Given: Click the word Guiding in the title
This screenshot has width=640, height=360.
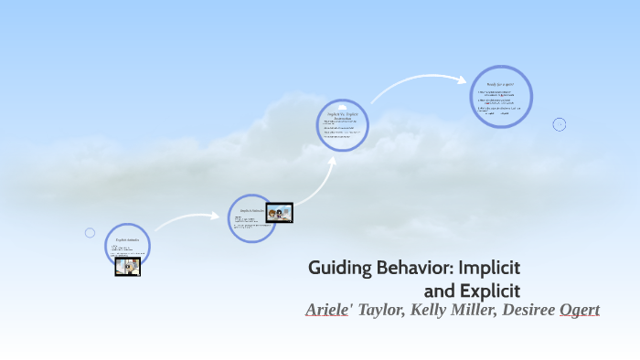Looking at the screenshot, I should click(x=336, y=269).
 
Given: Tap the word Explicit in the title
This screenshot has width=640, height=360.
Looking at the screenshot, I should click(x=490, y=291).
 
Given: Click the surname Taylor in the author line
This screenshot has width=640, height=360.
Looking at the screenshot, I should click(x=383, y=311).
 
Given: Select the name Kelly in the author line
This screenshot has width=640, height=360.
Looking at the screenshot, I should click(x=432, y=311).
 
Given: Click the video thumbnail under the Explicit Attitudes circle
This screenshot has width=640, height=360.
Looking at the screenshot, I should click(x=127, y=266).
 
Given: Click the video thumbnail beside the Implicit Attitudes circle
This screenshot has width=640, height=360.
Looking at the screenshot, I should click(x=279, y=213).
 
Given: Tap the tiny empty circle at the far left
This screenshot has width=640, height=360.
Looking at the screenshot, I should click(x=90, y=233).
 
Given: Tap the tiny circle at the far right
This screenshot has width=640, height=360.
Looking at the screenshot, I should click(x=560, y=124).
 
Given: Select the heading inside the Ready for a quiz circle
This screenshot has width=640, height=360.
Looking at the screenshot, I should click(x=501, y=82).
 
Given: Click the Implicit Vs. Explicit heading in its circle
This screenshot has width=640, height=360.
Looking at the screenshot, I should click(x=343, y=114).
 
